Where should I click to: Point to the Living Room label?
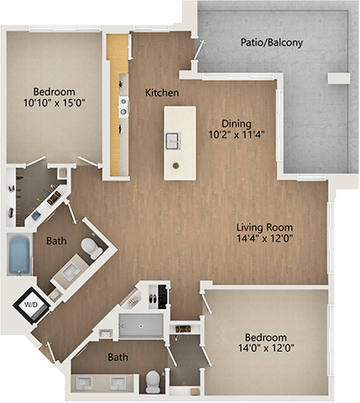264,227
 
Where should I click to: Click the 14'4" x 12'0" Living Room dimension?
264,239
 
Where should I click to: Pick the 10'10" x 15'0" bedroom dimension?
55,105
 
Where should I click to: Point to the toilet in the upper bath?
91,249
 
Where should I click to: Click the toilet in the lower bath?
152,382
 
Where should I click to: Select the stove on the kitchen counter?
123,105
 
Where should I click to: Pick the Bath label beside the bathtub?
56,241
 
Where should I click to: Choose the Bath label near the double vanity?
118,358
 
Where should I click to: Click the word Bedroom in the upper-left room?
55,92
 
